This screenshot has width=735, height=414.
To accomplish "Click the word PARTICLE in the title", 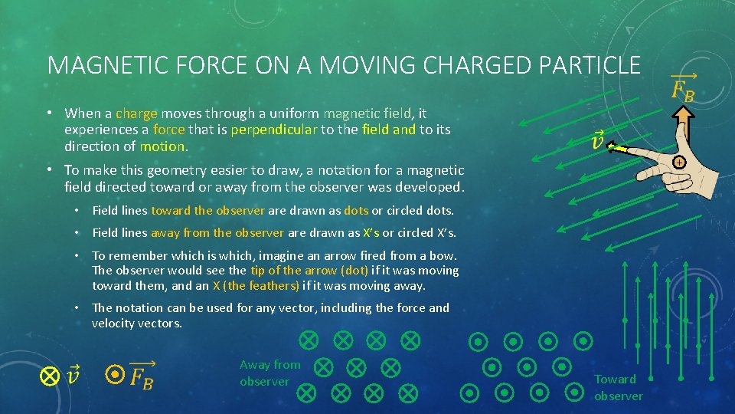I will click(x=590, y=64).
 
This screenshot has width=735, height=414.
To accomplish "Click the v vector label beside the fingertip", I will click(x=598, y=141).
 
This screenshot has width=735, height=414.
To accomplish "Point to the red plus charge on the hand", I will click(x=678, y=163).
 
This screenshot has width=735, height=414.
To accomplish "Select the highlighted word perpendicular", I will click(x=273, y=130).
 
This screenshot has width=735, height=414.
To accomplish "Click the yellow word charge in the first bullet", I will click(x=136, y=113).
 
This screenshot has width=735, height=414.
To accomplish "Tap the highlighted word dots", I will click(x=356, y=210).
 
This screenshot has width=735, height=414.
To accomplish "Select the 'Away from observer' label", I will click(x=269, y=373).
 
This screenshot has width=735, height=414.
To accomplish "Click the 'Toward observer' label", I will click(x=618, y=387).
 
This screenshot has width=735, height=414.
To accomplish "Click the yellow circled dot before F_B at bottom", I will click(x=114, y=374).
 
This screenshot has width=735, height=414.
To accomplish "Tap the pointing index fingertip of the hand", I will click(x=612, y=148).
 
